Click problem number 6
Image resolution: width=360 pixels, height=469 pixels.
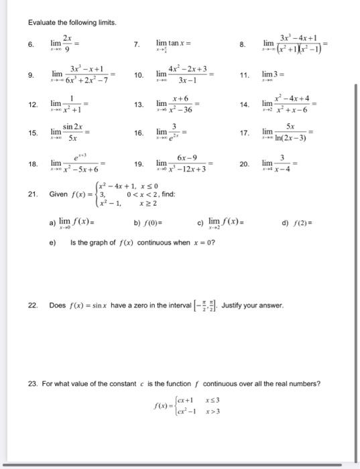tap(32, 45)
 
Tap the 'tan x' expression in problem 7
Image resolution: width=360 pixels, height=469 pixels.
tap(174, 44)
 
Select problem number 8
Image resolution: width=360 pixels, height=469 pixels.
tap(243, 45)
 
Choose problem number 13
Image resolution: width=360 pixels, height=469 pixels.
tap(139, 105)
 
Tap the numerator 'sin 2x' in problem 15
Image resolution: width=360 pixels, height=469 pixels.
tap(73, 126)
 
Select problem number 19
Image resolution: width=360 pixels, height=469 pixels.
tap(139, 163)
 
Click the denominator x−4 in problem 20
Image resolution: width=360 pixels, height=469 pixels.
tap(284, 170)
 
